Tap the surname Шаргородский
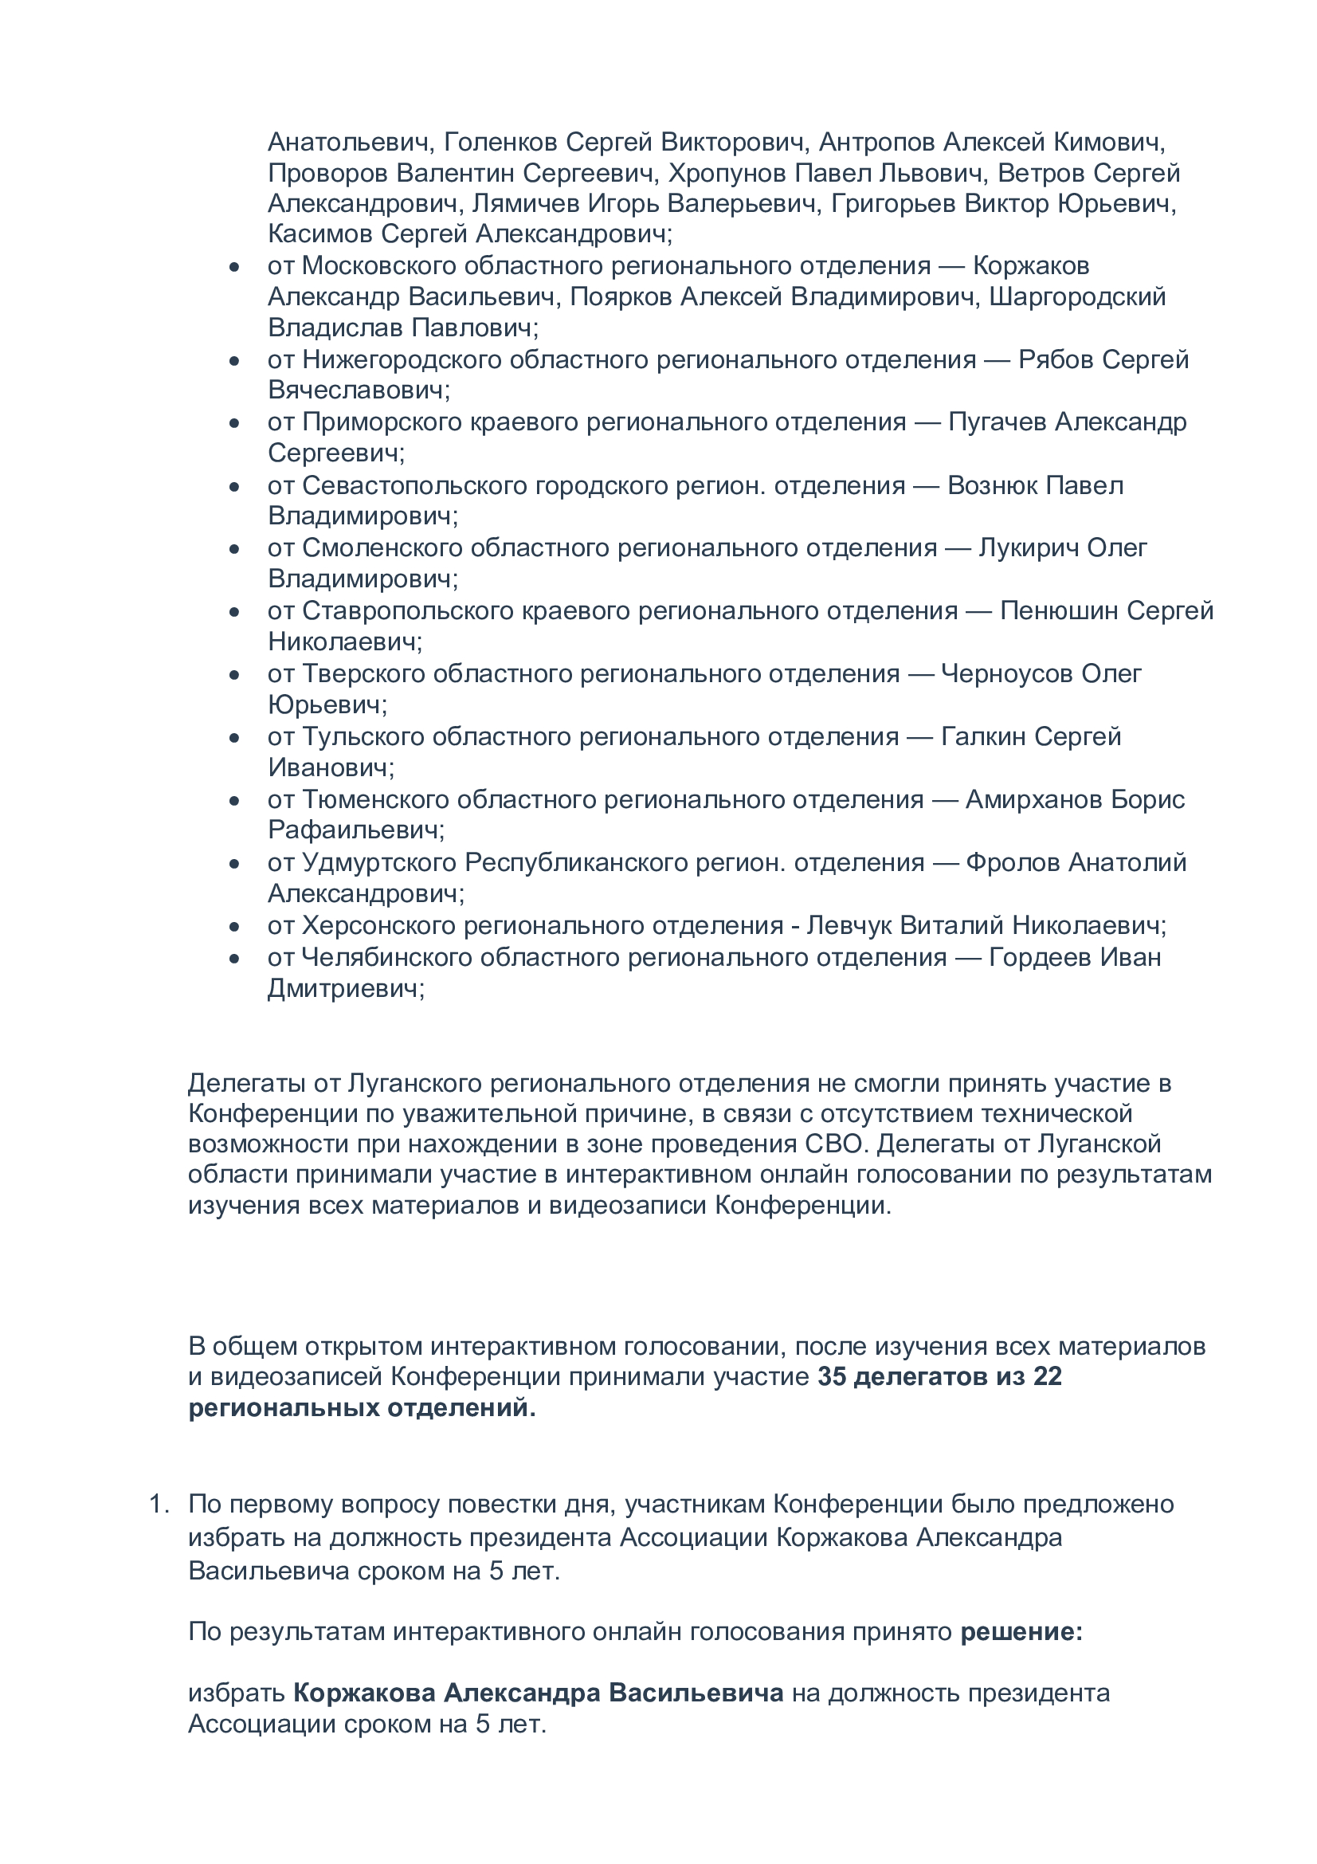point(1077,297)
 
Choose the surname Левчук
point(847,925)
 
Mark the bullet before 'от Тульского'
point(234,738)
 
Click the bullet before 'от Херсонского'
point(234,926)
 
